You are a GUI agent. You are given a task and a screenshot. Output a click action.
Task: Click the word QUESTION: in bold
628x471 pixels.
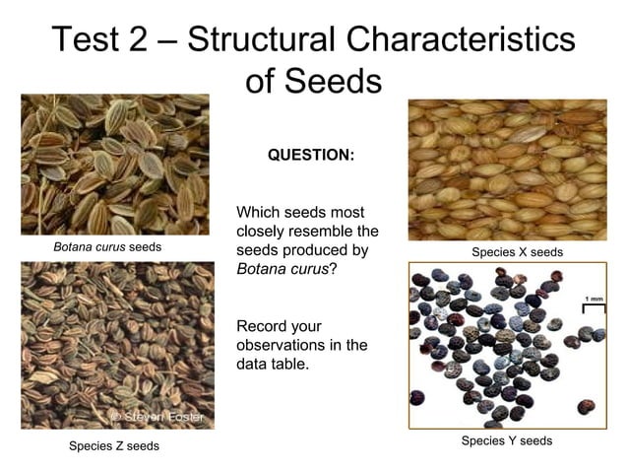coord(311,156)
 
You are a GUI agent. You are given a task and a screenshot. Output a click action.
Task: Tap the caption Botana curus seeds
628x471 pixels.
coord(107,246)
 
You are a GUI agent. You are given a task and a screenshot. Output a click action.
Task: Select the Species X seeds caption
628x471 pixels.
coord(517,252)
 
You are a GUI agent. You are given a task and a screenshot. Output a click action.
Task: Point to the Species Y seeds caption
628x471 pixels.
coord(507,440)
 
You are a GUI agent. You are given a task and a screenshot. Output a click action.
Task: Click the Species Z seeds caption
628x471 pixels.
coord(113,446)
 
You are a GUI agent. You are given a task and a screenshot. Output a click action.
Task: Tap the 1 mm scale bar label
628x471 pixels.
coord(594,298)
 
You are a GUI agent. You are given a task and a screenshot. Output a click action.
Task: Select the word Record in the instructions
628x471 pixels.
coord(264,325)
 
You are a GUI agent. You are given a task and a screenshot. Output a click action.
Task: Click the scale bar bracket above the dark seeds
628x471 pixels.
coord(594,308)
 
